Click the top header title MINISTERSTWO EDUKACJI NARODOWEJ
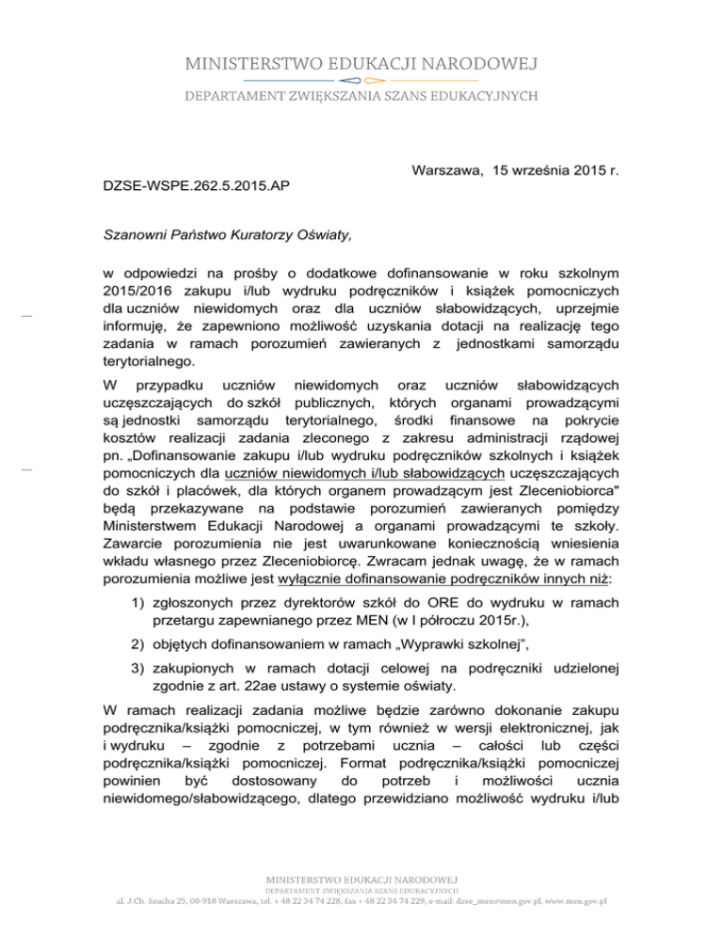click(x=361, y=64)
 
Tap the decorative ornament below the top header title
click(x=361, y=80)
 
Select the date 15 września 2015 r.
click(x=534, y=169)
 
